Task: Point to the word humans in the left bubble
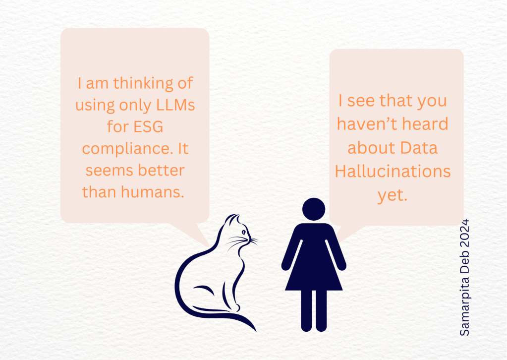pos(153,192)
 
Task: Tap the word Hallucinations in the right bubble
pos(393,172)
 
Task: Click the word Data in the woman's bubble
pos(422,148)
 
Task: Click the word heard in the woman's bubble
pos(424,124)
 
